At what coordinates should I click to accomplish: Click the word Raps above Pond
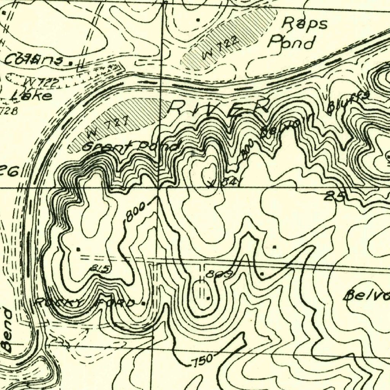pyautogui.click(x=304, y=24)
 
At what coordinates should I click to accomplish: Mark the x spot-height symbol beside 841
pyautogui.click(x=211, y=185)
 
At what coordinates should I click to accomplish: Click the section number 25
pyautogui.click(x=335, y=197)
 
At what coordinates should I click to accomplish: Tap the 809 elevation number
pyautogui.click(x=214, y=274)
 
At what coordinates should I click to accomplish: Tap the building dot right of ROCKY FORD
pyautogui.click(x=143, y=304)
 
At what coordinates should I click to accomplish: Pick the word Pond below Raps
pyautogui.click(x=291, y=42)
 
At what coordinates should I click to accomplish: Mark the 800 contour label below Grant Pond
pyautogui.click(x=135, y=212)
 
